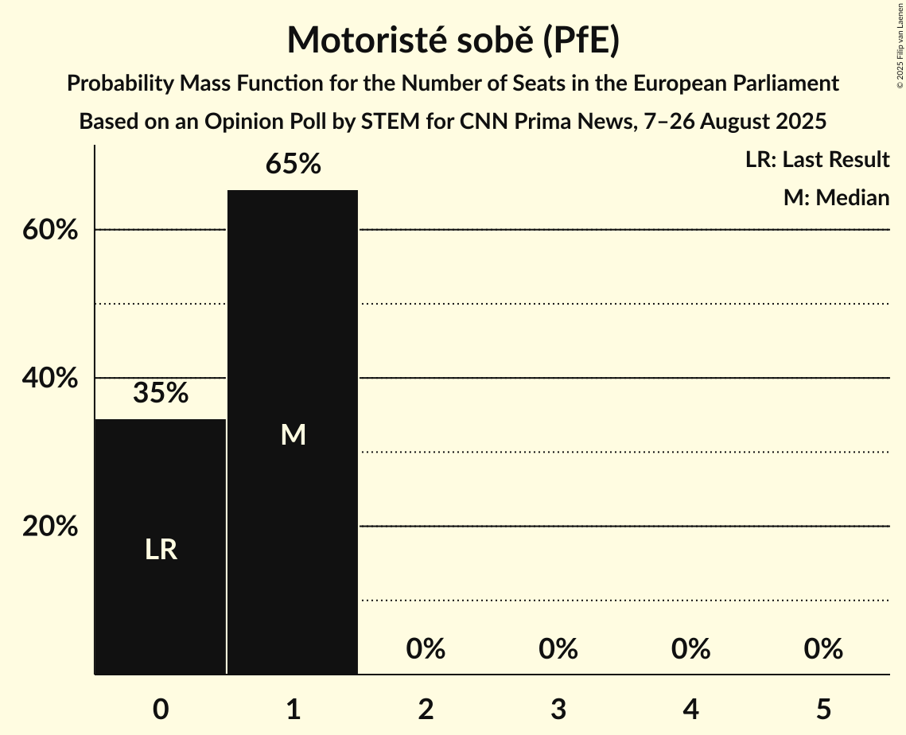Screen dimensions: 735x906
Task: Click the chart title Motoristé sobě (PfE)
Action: [x=453, y=41]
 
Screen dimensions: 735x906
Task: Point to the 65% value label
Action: [x=293, y=165]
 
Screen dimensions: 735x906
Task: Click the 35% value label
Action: [x=161, y=393]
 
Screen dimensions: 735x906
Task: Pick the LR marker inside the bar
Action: [x=161, y=550]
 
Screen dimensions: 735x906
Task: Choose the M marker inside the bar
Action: [x=293, y=434]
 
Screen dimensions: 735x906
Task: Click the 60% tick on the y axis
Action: [x=49, y=230]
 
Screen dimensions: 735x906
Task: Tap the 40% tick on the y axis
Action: [x=49, y=379]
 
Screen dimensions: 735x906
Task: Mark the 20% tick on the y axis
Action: [x=49, y=527]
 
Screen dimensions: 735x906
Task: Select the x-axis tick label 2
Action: [x=426, y=709]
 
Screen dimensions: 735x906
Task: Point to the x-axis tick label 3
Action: [x=558, y=709]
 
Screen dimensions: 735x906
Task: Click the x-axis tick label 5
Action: [x=823, y=709]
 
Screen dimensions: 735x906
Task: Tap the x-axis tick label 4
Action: [x=690, y=709]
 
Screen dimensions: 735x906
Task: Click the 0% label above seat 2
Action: [x=426, y=650]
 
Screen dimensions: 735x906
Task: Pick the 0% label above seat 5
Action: [x=823, y=650]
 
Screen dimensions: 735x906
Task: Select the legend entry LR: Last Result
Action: [x=817, y=160]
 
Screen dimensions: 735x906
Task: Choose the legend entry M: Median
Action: [x=836, y=197]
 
